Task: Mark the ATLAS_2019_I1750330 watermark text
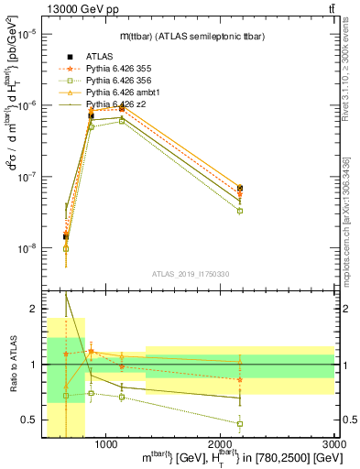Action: [191, 274]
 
